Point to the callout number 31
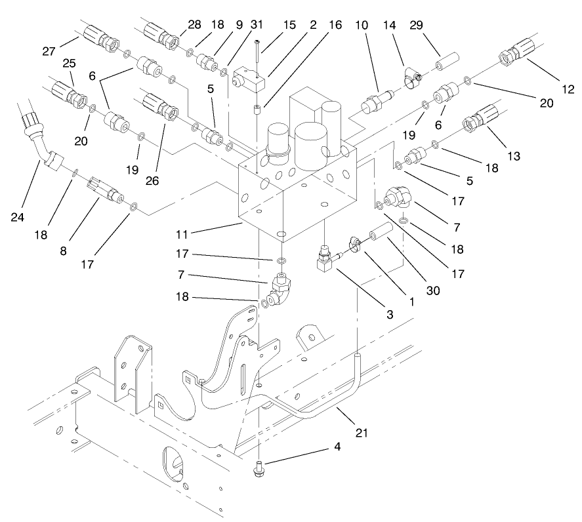[x=238, y=26]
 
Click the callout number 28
[x=195, y=25]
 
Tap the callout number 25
[x=68, y=63]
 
